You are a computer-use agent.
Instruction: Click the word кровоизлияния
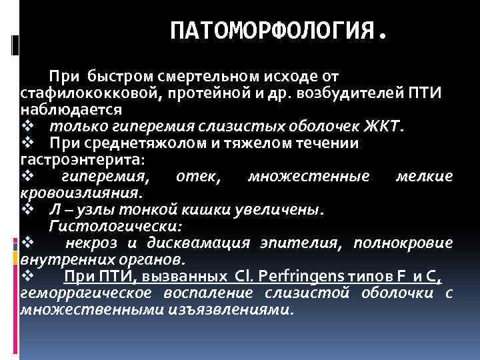[x=81, y=193]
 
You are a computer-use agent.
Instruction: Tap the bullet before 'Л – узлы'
[x=27, y=210]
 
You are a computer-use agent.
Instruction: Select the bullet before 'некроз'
[x=27, y=243]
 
